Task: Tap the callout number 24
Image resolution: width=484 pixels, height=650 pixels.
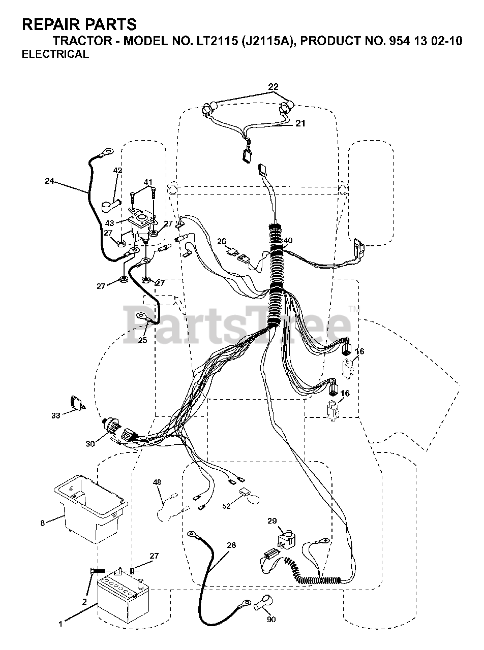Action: pyautogui.click(x=49, y=180)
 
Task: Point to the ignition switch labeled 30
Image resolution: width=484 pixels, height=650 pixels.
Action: pyautogui.click(x=115, y=430)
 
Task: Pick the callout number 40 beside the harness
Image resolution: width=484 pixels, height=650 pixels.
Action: pyautogui.click(x=288, y=240)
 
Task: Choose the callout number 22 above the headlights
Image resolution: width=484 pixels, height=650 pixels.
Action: pyautogui.click(x=274, y=86)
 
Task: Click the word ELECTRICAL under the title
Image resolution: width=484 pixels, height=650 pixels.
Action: pyautogui.click(x=55, y=55)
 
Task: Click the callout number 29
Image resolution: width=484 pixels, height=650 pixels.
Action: pyautogui.click(x=272, y=521)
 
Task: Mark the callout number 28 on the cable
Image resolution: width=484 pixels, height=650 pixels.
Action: pyautogui.click(x=232, y=545)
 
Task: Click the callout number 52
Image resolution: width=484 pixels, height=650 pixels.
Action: pyautogui.click(x=226, y=506)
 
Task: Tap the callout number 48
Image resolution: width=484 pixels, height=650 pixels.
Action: pyautogui.click(x=157, y=483)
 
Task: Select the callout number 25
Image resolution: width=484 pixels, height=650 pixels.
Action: pyautogui.click(x=143, y=340)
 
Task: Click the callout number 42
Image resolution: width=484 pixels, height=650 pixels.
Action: pyautogui.click(x=118, y=171)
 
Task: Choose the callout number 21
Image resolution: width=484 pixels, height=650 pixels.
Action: pyautogui.click(x=300, y=123)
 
